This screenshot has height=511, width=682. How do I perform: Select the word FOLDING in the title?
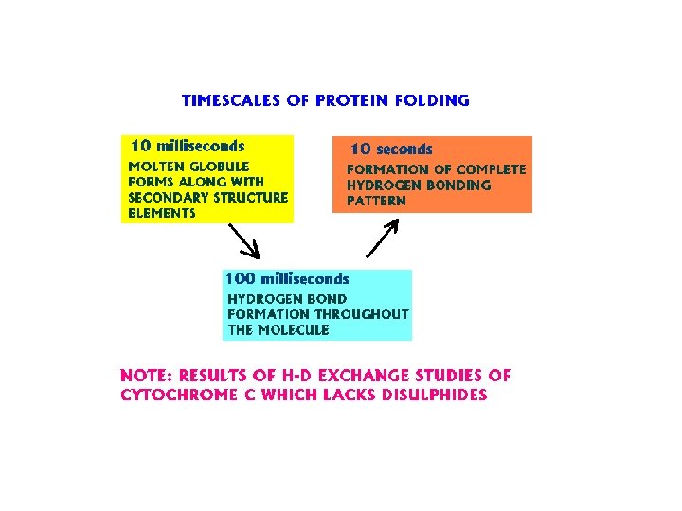tap(435, 100)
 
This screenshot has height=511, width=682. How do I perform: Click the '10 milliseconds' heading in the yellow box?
tap(187, 146)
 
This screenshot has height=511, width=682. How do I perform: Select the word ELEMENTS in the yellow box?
tap(161, 214)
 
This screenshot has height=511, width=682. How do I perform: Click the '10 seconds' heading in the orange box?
tap(391, 150)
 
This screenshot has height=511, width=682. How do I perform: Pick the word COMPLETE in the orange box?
tap(490, 169)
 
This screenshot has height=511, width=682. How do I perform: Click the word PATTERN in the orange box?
tap(376, 202)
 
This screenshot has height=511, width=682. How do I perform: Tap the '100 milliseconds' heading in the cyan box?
tap(286, 279)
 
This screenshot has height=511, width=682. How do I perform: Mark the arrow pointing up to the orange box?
tap(382, 238)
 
